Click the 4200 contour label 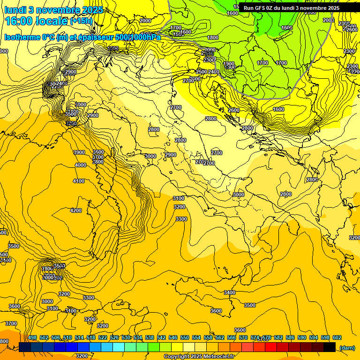76,210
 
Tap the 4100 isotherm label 79,181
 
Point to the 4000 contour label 81,165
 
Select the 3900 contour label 79,152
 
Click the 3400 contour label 230,292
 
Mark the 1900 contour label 229,64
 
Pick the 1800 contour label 213,37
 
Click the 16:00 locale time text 36,21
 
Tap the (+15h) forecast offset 81,21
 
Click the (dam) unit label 347,348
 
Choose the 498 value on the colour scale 32,338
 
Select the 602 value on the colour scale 337,338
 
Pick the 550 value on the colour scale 185,338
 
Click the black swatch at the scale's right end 330,347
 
